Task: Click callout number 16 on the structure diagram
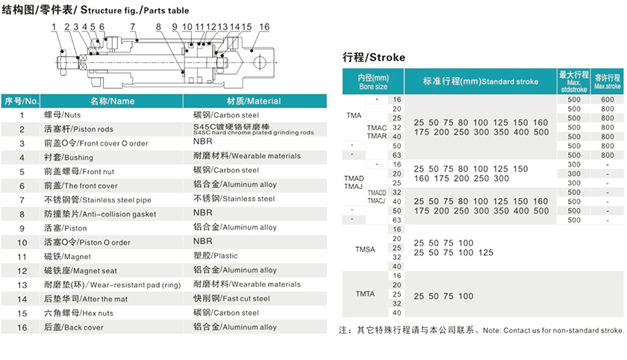click(x=263, y=27)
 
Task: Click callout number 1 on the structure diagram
click(x=54, y=27)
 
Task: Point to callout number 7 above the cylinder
click(x=133, y=27)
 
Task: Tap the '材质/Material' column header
click(x=253, y=101)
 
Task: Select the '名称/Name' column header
click(x=112, y=101)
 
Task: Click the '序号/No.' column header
click(x=22, y=101)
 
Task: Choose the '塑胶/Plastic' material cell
click(x=216, y=256)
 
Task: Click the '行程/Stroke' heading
click(x=373, y=58)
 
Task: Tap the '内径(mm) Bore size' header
click(x=373, y=81)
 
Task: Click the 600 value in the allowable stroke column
click(x=607, y=99)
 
